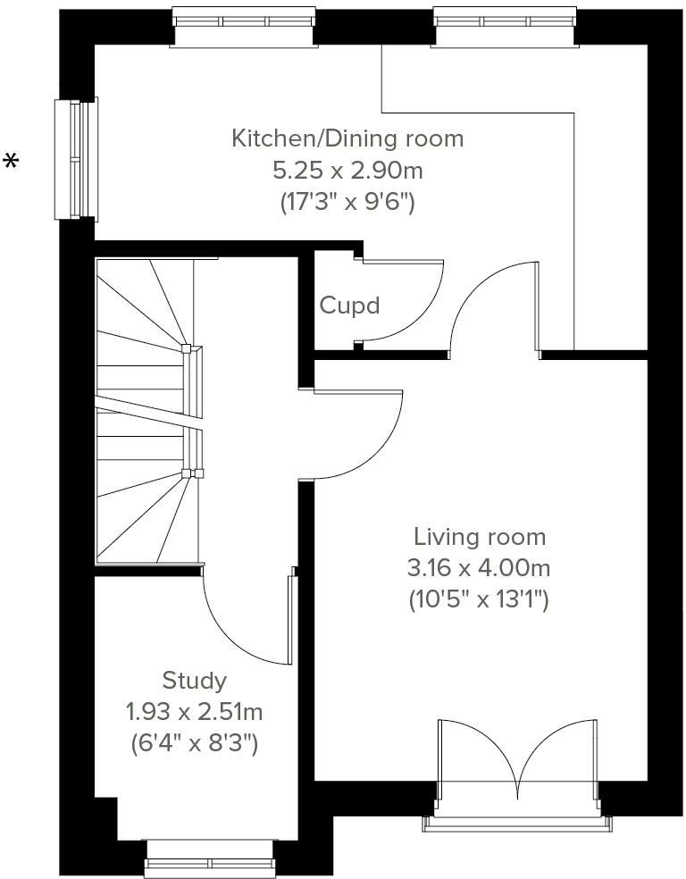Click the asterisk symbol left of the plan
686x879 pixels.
click(12, 161)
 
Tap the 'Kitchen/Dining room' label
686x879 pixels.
click(347, 138)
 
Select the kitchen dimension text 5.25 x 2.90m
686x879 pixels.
click(347, 170)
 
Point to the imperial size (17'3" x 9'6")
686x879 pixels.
click(347, 202)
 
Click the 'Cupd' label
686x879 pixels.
click(349, 306)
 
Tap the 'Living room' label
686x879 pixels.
click(479, 537)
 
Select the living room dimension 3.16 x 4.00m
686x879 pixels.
click(479, 567)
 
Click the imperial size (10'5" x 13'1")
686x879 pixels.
click(479, 599)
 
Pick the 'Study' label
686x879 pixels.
click(194, 681)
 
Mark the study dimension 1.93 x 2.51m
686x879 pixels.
click(194, 712)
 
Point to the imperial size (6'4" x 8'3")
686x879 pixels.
click(194, 743)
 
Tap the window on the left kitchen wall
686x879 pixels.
click(76, 158)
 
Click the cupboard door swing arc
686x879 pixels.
click(411, 304)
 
